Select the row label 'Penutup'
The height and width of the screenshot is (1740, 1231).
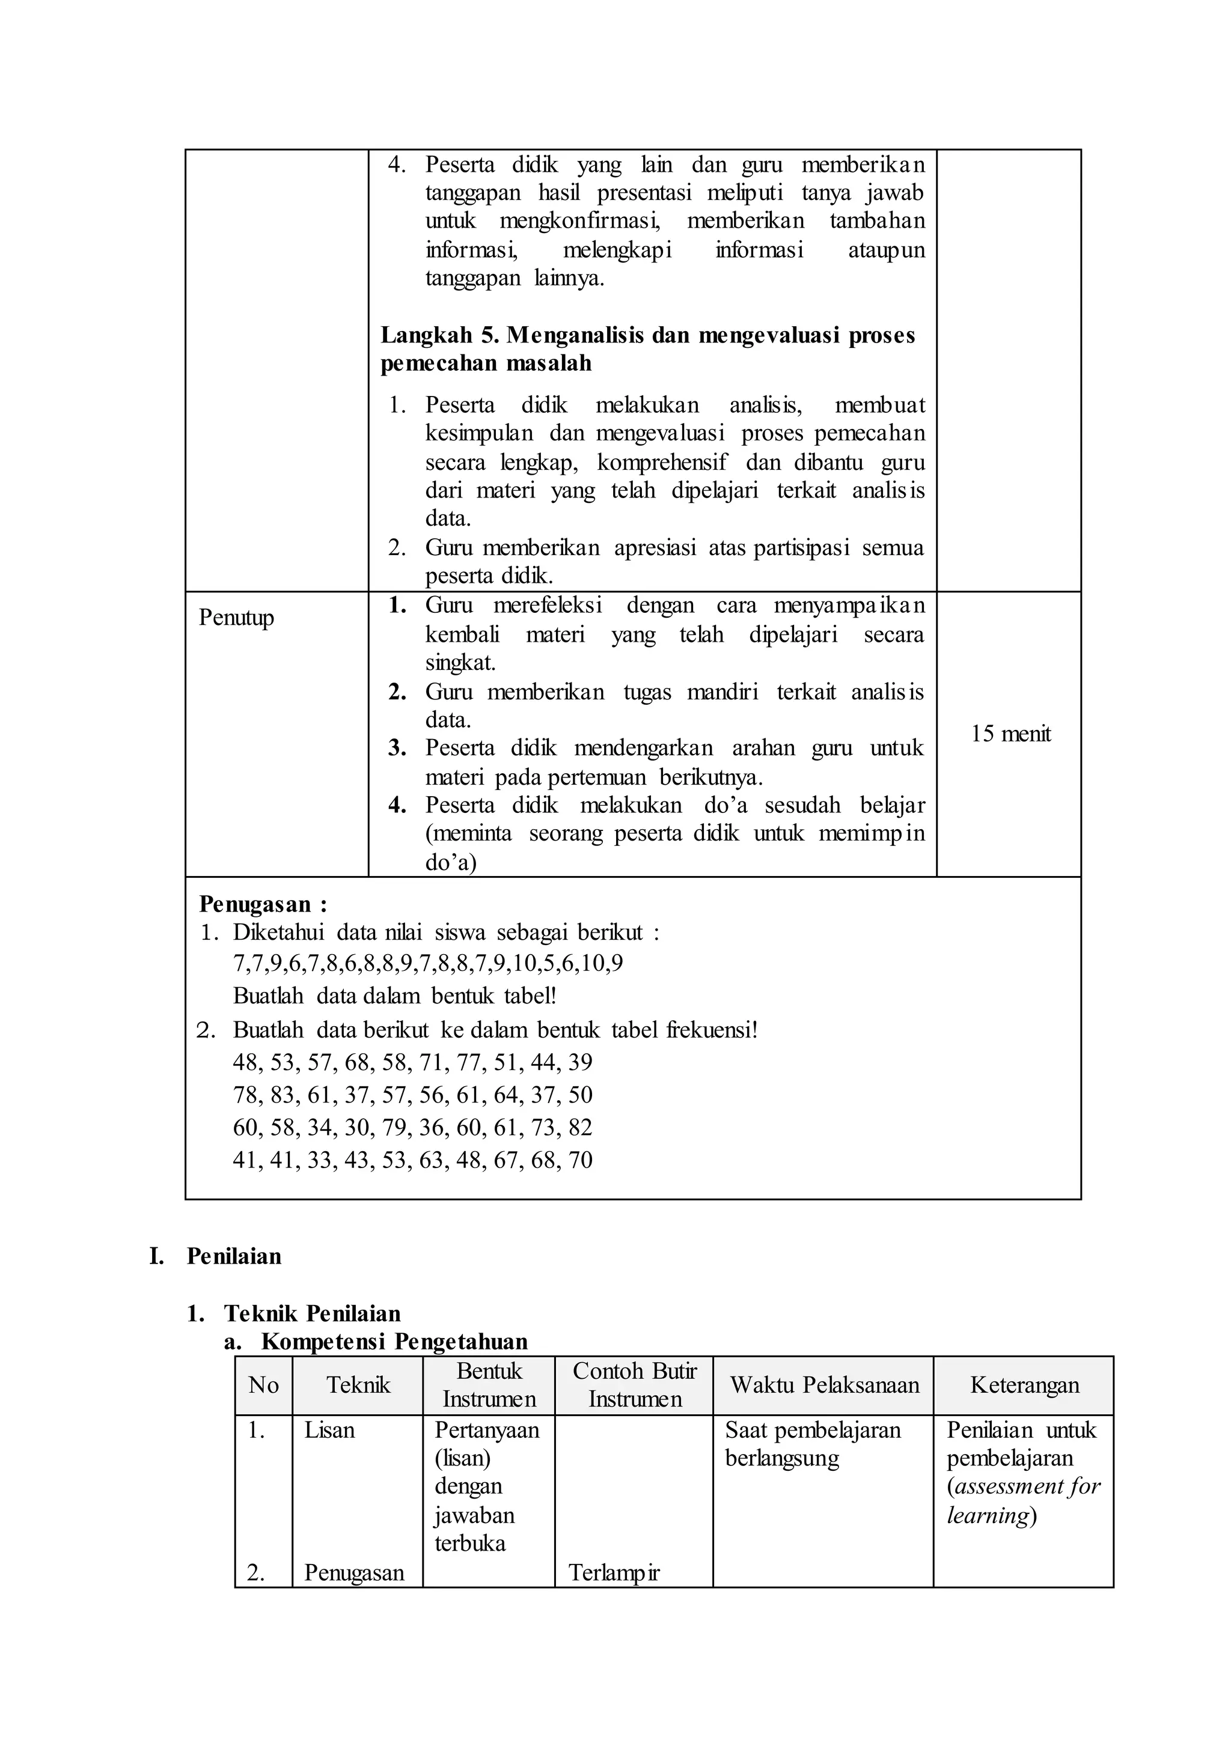(x=236, y=618)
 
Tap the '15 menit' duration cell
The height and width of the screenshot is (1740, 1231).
(x=1010, y=734)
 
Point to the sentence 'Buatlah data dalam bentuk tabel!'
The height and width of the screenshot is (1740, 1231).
(x=394, y=996)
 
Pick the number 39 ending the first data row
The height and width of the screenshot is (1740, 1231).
(x=580, y=1062)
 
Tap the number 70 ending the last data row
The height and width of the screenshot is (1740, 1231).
(x=580, y=1160)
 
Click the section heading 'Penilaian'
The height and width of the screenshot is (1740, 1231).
(x=233, y=1256)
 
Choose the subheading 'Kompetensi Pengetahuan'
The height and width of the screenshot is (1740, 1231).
(x=394, y=1342)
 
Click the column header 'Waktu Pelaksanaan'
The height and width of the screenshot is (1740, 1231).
(x=824, y=1386)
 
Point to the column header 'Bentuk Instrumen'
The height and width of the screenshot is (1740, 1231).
(x=489, y=1386)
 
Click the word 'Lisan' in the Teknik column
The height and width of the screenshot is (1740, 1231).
(x=329, y=1430)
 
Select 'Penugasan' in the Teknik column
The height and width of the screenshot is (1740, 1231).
(x=353, y=1574)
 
